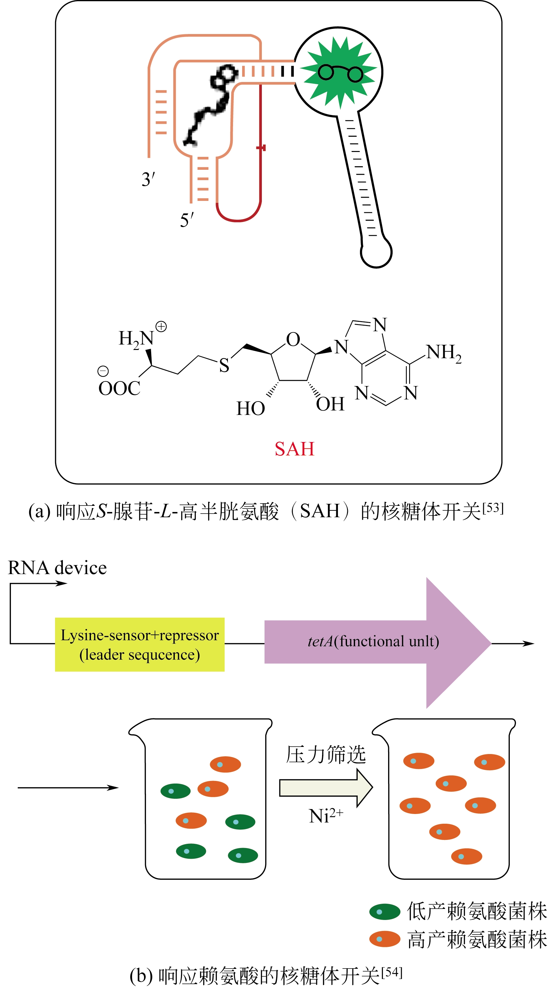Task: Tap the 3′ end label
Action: click(x=148, y=179)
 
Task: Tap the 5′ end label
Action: click(x=187, y=220)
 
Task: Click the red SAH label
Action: click(x=294, y=449)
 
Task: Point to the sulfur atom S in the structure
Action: click(x=224, y=365)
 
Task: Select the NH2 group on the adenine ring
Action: click(x=443, y=353)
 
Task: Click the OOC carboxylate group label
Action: click(x=119, y=388)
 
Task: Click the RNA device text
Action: click(x=58, y=568)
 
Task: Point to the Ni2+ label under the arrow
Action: click(x=326, y=816)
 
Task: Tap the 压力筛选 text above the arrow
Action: click(x=326, y=754)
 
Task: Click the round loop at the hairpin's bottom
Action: click(x=376, y=253)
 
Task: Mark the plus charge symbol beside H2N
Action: click(x=161, y=327)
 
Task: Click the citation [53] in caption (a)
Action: click(x=493, y=508)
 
